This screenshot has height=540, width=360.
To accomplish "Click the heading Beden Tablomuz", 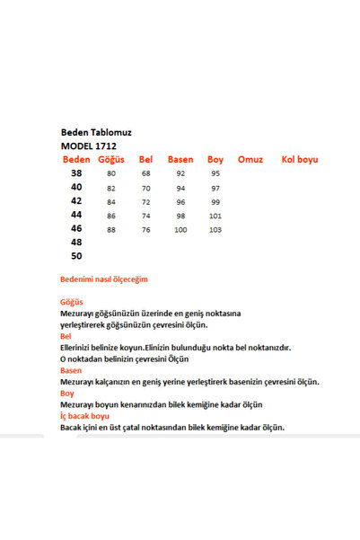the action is point(94,130).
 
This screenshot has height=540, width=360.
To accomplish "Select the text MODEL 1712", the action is point(89,145).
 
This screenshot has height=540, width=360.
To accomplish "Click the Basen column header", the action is point(180,159).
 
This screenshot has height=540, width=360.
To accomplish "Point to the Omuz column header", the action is point(250,159).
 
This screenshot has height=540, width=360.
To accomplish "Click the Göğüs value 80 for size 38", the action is point(111,173).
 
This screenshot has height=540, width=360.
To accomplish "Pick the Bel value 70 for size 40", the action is point(146,188).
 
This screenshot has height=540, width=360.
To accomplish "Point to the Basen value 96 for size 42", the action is point(180,202).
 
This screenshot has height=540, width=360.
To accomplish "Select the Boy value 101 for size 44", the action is point(215,217).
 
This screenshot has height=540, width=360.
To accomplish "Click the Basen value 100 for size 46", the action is point(180,230).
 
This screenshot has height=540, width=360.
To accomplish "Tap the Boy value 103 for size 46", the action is point(215,230).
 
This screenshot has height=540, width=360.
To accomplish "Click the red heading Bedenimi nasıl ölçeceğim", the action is point(103,279).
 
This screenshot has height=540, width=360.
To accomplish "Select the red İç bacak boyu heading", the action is point(84,416).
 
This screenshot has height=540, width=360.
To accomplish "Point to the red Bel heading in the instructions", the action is point(66,336).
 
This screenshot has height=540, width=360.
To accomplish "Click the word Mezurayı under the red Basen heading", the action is point(78,382).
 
